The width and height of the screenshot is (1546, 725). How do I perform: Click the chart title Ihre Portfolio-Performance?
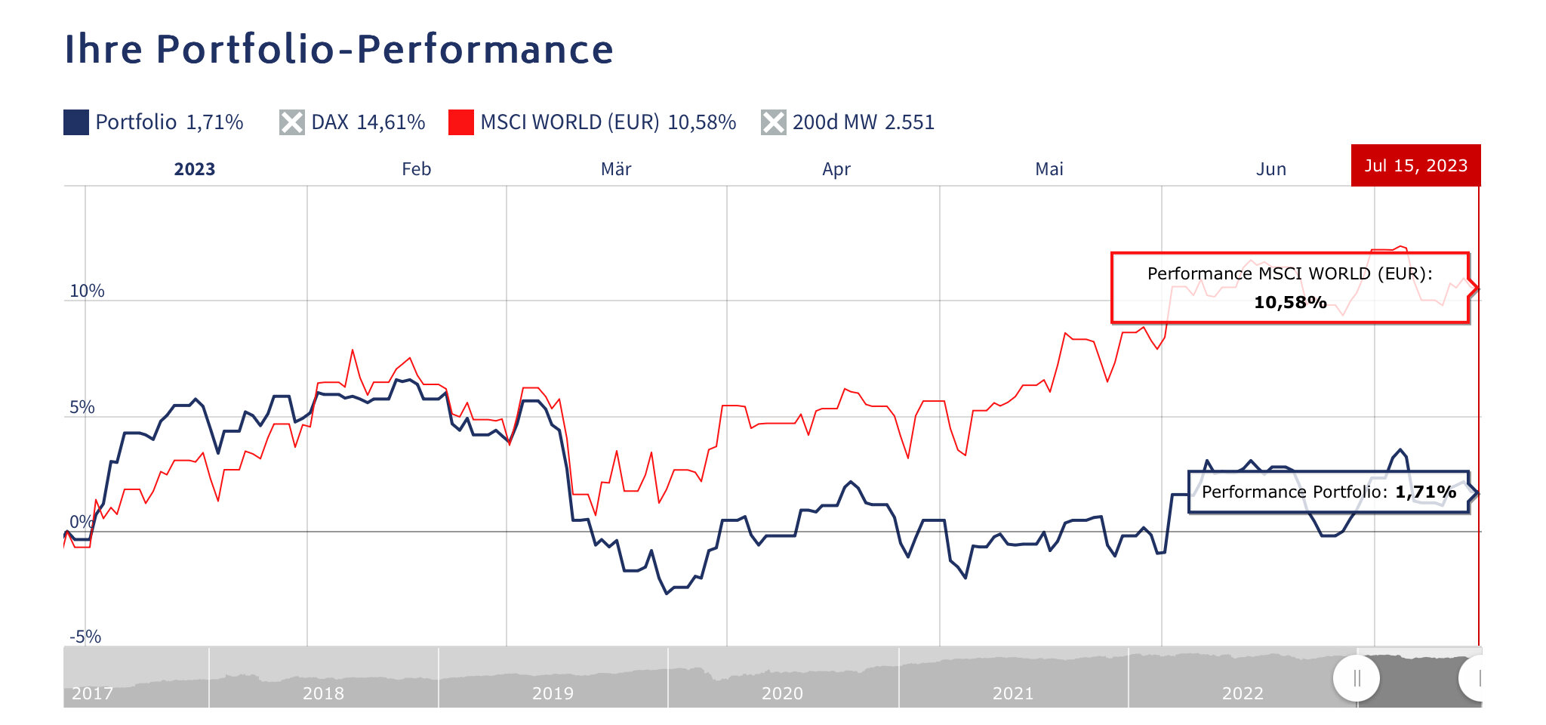click(x=339, y=50)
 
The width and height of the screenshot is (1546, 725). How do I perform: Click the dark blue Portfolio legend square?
click(x=76, y=122)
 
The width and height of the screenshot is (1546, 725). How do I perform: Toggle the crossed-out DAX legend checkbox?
click(x=291, y=122)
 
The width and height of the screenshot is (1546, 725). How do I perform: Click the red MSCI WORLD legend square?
click(x=460, y=122)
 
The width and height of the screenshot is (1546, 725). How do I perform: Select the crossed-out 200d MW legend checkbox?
click(x=773, y=122)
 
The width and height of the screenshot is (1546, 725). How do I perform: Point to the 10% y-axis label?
click(x=87, y=292)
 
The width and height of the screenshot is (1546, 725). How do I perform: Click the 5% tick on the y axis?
click(x=82, y=408)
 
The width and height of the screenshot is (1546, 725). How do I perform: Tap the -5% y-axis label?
click(x=85, y=637)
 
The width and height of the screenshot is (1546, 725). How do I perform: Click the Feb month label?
click(x=416, y=169)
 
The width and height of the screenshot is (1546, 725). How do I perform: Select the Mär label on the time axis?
click(x=616, y=169)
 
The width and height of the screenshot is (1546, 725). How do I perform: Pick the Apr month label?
click(x=836, y=169)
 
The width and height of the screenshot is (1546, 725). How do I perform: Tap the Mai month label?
click(x=1049, y=169)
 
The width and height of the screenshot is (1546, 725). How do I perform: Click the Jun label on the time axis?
click(x=1270, y=169)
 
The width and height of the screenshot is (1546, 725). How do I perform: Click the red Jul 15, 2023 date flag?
click(x=1415, y=165)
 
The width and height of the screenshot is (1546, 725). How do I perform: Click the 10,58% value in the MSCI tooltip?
click(x=1290, y=303)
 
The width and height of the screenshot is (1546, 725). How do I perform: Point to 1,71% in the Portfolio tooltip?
click(x=1425, y=492)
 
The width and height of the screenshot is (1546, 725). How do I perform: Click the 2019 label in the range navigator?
click(x=553, y=693)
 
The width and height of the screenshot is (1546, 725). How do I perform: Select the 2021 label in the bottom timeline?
click(x=1012, y=693)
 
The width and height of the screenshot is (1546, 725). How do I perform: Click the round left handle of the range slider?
click(x=1357, y=678)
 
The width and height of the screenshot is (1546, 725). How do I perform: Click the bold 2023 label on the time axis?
click(x=195, y=169)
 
